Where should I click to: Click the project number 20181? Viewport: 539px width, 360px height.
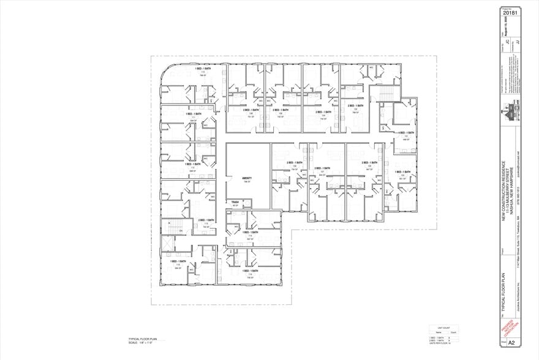[x=510, y=12]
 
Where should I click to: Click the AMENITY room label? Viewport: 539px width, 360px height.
[x=247, y=178]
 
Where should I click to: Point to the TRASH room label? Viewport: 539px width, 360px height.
[x=234, y=201]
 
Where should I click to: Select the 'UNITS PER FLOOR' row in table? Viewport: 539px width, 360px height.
[x=440, y=343]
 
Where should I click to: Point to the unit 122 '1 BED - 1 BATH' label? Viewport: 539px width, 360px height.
[x=403, y=172]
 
